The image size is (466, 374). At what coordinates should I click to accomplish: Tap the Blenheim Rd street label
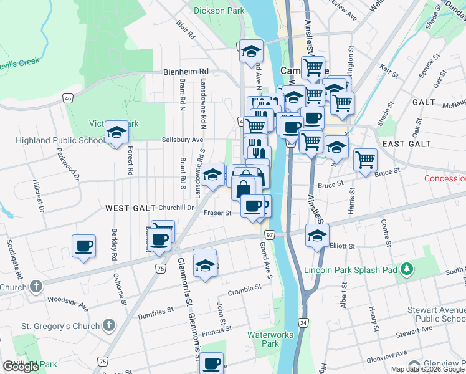click(x=186, y=72)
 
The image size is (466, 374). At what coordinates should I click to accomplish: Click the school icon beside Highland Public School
click(x=115, y=133)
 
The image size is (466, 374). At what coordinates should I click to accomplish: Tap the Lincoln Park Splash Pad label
click(x=351, y=271)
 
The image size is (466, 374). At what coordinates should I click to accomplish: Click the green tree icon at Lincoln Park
click(x=407, y=269)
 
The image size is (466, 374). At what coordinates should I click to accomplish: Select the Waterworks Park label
click(x=270, y=339)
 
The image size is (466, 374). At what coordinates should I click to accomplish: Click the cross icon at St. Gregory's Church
click(x=109, y=325)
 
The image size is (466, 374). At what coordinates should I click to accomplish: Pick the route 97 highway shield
click(x=270, y=234)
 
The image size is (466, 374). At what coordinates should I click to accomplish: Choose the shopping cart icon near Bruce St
click(x=365, y=160)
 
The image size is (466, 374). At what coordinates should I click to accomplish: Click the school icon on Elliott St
click(x=318, y=236)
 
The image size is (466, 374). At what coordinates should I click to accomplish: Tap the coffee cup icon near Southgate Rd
click(x=83, y=246)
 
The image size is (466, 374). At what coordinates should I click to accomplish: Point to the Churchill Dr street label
click(x=176, y=208)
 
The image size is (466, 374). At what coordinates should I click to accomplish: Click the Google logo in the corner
click(x=21, y=367)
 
